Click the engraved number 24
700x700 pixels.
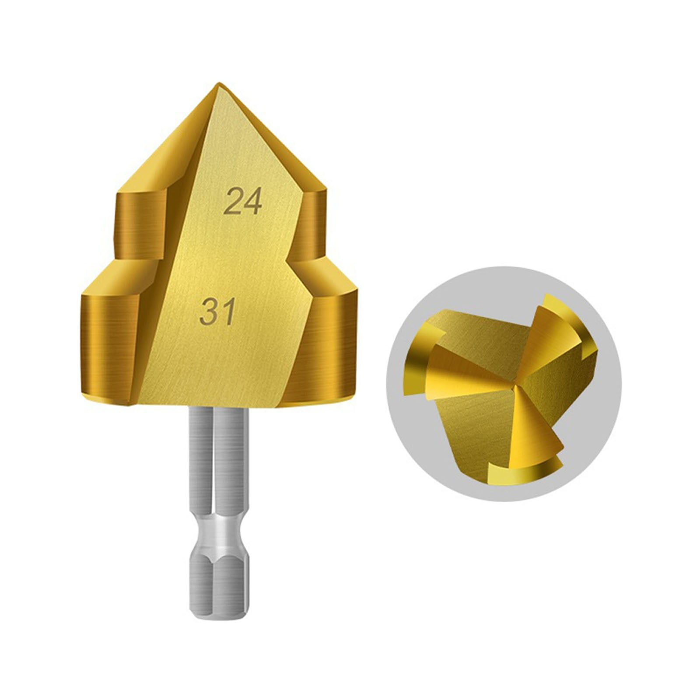pos(243,202)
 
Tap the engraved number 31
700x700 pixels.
pos(217,311)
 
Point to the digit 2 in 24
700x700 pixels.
pos(233,202)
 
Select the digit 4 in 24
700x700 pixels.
pos(252,202)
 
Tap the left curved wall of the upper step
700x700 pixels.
pos(138,225)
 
